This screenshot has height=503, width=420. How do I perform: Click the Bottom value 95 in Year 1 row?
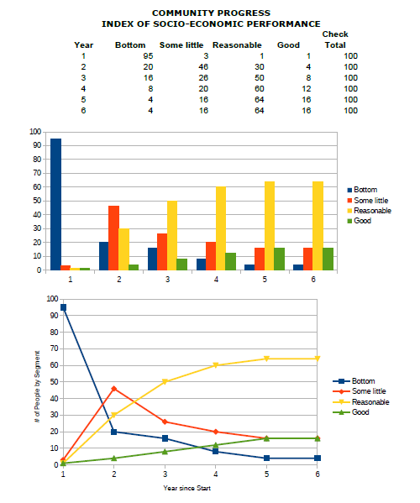pos(148,56)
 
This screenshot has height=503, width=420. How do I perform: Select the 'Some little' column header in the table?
pos(181,45)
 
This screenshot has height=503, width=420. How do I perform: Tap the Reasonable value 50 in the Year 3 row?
pos(260,78)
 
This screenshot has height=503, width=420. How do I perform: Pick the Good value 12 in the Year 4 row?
pos(307,89)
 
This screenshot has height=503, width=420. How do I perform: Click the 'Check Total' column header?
pos(335,39)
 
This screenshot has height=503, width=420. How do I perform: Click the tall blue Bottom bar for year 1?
pos(55,204)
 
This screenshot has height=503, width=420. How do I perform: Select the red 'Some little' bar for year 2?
pos(114,238)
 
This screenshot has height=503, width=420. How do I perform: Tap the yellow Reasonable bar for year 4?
pos(221,228)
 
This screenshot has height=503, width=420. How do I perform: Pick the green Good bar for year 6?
pos(328,259)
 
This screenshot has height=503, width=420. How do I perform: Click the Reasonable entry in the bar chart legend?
pos(370,211)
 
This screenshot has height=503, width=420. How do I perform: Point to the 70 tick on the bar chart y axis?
pos(37,173)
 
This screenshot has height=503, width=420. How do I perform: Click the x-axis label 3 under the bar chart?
pos(167,280)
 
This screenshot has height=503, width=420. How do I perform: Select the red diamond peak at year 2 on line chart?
pos(114,389)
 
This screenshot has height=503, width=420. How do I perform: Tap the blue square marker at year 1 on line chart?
pos(63,307)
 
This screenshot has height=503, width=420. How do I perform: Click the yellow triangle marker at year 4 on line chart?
pos(216,365)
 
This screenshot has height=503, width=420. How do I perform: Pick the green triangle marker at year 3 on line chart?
pos(165,451)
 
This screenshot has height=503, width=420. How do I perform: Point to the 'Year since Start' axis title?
pos(187,488)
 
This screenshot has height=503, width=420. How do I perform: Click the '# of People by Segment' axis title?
pos(37,386)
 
